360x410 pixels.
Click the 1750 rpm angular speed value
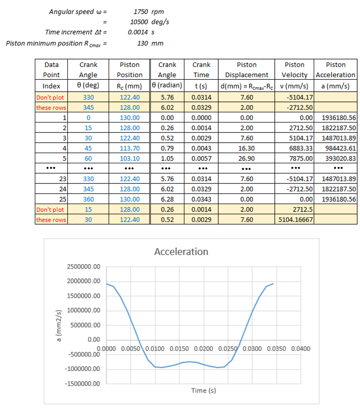149,11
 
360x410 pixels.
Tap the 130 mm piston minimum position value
150,44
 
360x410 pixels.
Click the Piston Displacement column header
246,70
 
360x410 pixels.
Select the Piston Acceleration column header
335,70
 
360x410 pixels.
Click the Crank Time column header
201,70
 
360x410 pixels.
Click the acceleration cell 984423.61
340,148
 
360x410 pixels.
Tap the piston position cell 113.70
130,148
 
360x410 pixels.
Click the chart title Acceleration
181,252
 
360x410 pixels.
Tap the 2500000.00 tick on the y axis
83,267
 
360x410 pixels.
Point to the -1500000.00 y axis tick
83,383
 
